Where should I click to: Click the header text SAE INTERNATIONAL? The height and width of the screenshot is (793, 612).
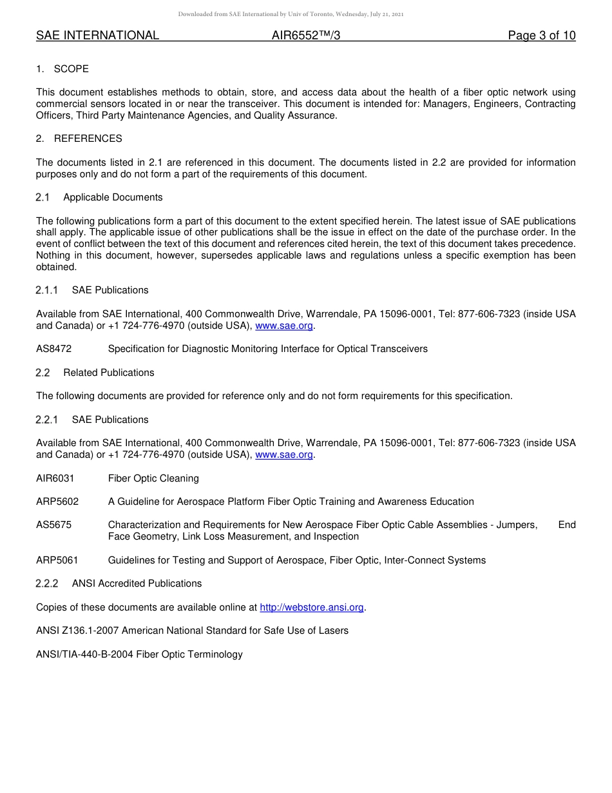point(97,35)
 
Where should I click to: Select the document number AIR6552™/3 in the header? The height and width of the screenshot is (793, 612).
point(306,35)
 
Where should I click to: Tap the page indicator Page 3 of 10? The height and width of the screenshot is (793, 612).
point(541,35)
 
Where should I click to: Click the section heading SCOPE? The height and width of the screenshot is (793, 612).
point(71,69)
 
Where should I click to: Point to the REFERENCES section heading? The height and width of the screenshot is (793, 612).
point(88,139)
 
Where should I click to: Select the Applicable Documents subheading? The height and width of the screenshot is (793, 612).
point(113,197)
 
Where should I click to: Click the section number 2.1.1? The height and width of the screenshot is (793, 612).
point(47,290)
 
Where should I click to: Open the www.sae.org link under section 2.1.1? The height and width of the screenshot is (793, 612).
point(284,326)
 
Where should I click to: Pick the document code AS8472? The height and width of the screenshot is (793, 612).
point(54,349)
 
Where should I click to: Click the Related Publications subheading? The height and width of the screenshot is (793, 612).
point(109,373)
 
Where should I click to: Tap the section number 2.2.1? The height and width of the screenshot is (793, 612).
point(47,420)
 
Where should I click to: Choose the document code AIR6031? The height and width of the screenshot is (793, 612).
point(55,478)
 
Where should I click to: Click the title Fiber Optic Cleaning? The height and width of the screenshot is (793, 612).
point(153,478)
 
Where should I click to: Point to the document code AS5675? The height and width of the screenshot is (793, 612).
point(54,525)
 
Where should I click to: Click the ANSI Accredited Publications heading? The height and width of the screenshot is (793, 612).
point(137,583)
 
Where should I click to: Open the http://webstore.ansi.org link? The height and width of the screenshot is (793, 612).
point(312,607)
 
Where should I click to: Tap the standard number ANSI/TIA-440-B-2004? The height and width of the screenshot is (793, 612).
point(84,654)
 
